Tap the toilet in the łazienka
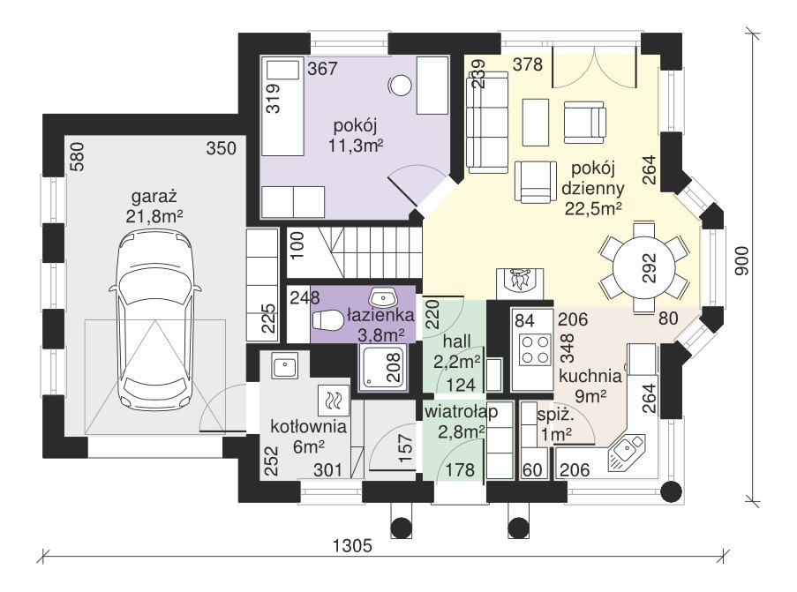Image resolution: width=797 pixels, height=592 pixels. tap(327, 320)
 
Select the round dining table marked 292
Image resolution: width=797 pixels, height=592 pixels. tap(643, 267)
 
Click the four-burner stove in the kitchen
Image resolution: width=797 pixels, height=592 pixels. tap(534, 349)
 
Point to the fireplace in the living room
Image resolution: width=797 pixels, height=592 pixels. tap(520, 282)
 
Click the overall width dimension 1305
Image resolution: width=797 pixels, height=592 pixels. tap(352, 545)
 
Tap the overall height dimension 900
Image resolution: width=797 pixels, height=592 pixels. tap(742, 260)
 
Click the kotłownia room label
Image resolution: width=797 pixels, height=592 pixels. tap(309, 426)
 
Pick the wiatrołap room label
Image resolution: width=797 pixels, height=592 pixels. tap(461, 411)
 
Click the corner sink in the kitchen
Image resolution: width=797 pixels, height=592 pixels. tap(627, 453)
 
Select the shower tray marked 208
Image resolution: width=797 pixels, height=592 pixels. tap(383, 367)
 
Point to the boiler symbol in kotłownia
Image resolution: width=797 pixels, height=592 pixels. tap(334, 401)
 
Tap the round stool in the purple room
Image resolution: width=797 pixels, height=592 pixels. tap(400, 86)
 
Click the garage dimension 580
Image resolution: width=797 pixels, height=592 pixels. tap(78, 156)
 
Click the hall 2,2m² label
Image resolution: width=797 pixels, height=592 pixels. tap(457, 351)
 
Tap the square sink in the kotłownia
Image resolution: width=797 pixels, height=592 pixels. tap(284, 366)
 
